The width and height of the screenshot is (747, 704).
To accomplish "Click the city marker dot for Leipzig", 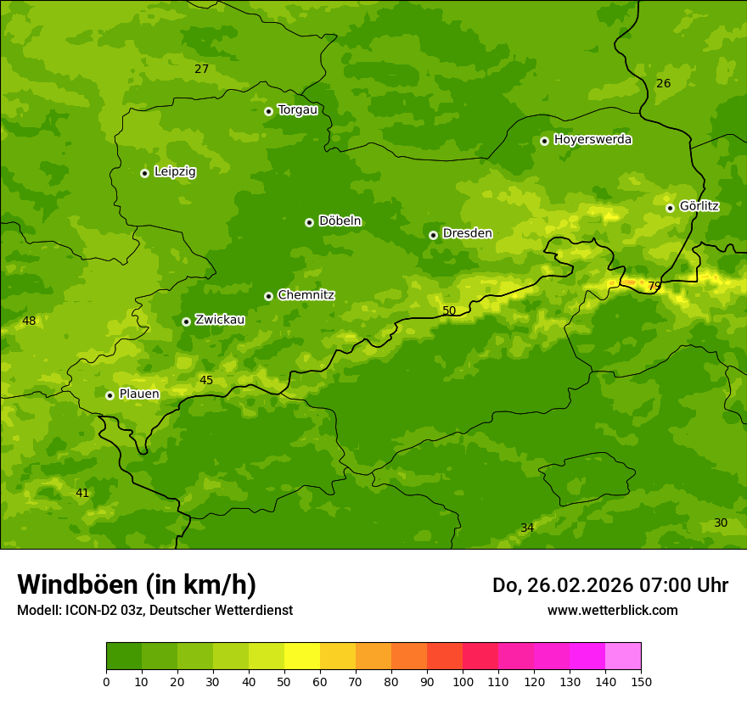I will tap(144, 173).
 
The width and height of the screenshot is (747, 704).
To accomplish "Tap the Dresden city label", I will tap(467, 233).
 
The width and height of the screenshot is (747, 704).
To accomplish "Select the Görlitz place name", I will tap(699, 206).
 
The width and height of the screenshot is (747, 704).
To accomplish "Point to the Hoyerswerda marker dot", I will tap(544, 141).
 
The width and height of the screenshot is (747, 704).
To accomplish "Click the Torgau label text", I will tap(297, 110).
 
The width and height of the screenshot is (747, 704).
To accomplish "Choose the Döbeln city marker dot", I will tap(309, 222).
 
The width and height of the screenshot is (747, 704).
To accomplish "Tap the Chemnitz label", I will tap(306, 295).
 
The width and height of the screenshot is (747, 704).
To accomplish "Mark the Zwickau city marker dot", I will tap(186, 321).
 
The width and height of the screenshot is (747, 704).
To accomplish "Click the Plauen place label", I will tap(138, 394).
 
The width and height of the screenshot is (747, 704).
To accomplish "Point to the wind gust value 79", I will tap(654, 286).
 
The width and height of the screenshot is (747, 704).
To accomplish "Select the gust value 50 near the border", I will tap(449, 310).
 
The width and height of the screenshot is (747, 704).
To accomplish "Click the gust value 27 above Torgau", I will tap(201, 69).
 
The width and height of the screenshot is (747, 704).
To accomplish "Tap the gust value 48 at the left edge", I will tap(29, 321).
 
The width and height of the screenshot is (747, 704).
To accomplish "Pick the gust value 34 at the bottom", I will tap(527, 528).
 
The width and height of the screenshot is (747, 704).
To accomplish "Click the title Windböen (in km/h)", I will tap(137, 584).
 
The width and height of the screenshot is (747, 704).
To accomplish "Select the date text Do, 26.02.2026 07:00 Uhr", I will tap(609, 585).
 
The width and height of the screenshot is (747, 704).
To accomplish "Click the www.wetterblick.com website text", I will tap(612, 610).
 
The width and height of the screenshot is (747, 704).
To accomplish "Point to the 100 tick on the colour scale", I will tap(463, 681).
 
